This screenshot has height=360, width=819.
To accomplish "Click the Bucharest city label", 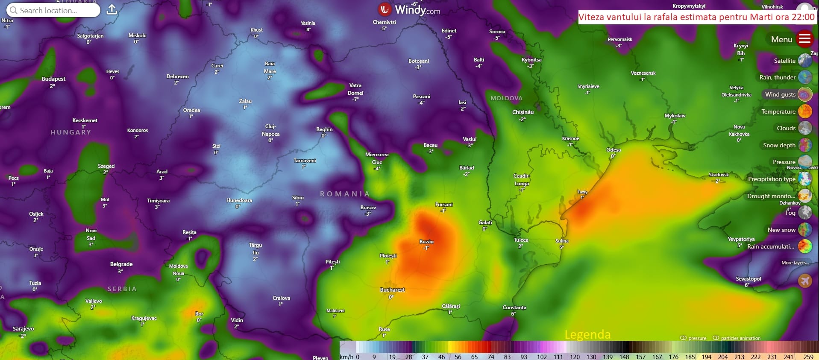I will click(x=392, y=290).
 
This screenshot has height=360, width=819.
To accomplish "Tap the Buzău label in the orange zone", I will click(x=426, y=242).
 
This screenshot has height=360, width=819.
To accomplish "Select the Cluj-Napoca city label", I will click(x=270, y=130).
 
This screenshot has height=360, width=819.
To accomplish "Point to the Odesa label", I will click(x=613, y=150).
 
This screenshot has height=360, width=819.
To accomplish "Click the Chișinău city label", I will click(x=523, y=112).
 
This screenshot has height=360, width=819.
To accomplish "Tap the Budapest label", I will click(x=53, y=79).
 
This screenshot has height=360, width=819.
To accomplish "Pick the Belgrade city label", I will click(x=121, y=264).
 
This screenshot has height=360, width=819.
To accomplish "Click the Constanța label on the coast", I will click(x=514, y=307).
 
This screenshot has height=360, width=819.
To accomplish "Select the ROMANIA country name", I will click(x=345, y=194).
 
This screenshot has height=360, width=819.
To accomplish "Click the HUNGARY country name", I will click(x=71, y=132).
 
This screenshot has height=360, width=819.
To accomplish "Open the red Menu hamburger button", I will click(x=804, y=39).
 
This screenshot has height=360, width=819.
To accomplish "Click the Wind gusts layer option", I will click(x=780, y=94).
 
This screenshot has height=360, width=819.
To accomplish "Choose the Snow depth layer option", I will click(x=779, y=145).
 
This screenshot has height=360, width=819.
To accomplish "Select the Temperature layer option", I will click(x=778, y=111).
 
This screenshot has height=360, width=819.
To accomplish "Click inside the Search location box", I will click(x=53, y=10).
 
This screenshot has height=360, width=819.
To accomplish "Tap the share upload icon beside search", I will click(x=112, y=10).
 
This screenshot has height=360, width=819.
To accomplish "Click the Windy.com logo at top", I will click(x=409, y=9).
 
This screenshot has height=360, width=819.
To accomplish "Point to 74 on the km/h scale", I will click(x=490, y=357).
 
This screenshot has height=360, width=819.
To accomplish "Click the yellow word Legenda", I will click(x=587, y=334).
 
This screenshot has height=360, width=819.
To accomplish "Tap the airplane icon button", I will click(x=804, y=281).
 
